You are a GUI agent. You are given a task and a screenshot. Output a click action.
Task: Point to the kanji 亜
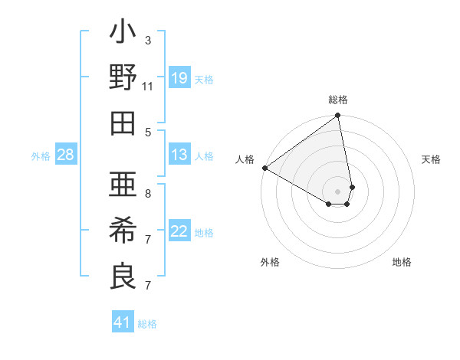pos(123,185)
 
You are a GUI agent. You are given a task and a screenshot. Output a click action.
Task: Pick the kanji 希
pos(123,231)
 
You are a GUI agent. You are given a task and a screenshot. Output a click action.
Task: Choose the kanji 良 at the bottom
pos(123,276)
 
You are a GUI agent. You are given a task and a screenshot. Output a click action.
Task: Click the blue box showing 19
pos(179,78)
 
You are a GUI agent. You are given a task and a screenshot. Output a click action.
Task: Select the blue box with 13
pos(179,155)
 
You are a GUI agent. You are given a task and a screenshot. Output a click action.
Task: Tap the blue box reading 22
pos(179,231)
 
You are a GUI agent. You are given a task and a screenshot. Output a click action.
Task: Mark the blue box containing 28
pos(66,155)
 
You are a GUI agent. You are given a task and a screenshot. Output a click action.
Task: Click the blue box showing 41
pos(123,322)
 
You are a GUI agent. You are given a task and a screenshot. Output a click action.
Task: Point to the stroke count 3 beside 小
pos(147,40)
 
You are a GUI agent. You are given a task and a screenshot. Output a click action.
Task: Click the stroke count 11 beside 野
pos(147,86)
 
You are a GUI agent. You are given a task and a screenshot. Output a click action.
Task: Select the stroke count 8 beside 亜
pos(147,193)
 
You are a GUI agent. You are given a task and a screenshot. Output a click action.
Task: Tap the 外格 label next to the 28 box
pos(41,156)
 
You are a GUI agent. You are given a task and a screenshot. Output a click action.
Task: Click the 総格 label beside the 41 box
pos(147,323)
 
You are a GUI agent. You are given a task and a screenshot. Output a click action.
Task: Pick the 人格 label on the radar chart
pos(245,159)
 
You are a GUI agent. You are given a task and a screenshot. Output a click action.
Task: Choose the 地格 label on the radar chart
pos(402,262)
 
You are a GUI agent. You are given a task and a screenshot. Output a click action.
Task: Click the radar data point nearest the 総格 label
pos(337,116)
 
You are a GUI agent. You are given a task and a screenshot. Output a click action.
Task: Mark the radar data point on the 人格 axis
pos(264,167)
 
